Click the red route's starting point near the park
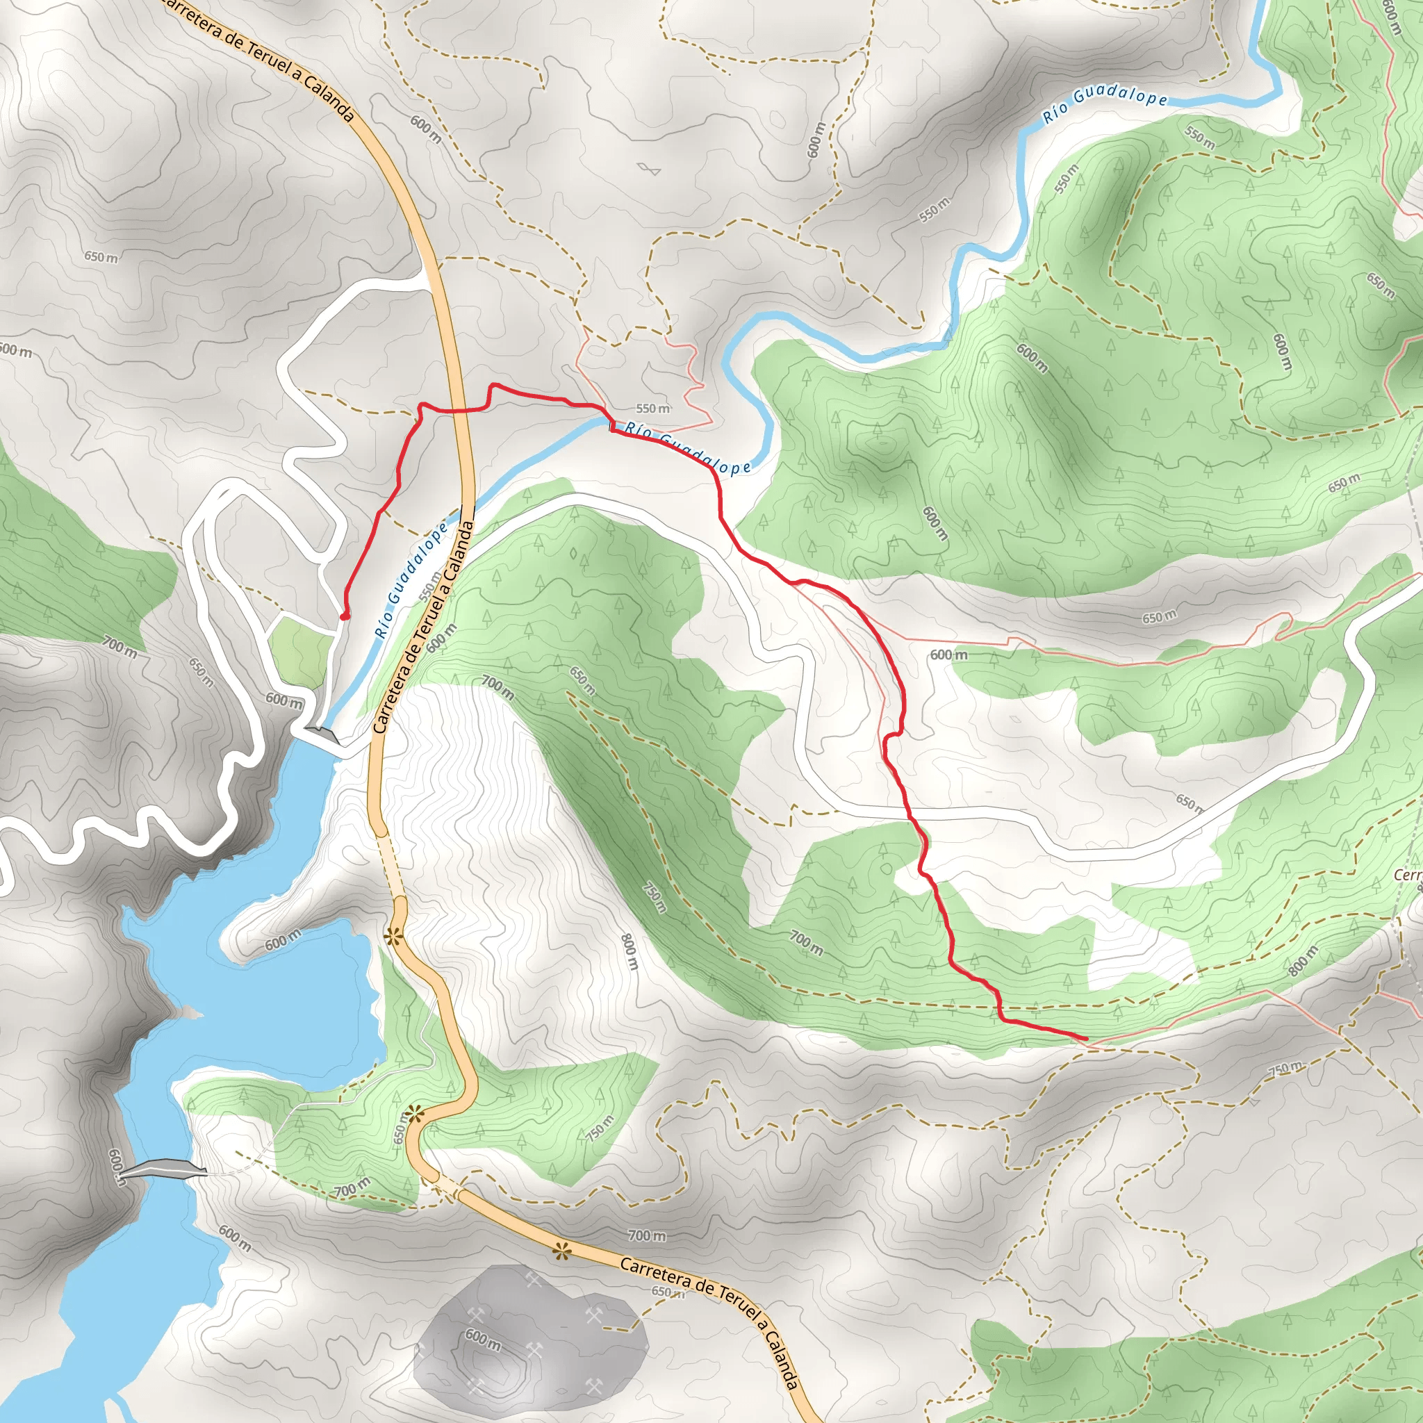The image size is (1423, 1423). [344, 616]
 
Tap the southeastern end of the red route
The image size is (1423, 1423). [1086, 1039]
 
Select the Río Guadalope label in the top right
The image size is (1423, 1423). [1105, 107]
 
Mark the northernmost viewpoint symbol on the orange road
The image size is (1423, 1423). [393, 937]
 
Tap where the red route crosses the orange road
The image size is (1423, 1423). [459, 409]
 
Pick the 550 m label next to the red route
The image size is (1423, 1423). [652, 409]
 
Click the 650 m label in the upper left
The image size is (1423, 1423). [101, 258]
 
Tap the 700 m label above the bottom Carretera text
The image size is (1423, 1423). [647, 1235]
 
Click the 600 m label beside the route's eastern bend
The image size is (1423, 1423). [948, 655]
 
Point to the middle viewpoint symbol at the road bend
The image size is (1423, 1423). [415, 1114]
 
